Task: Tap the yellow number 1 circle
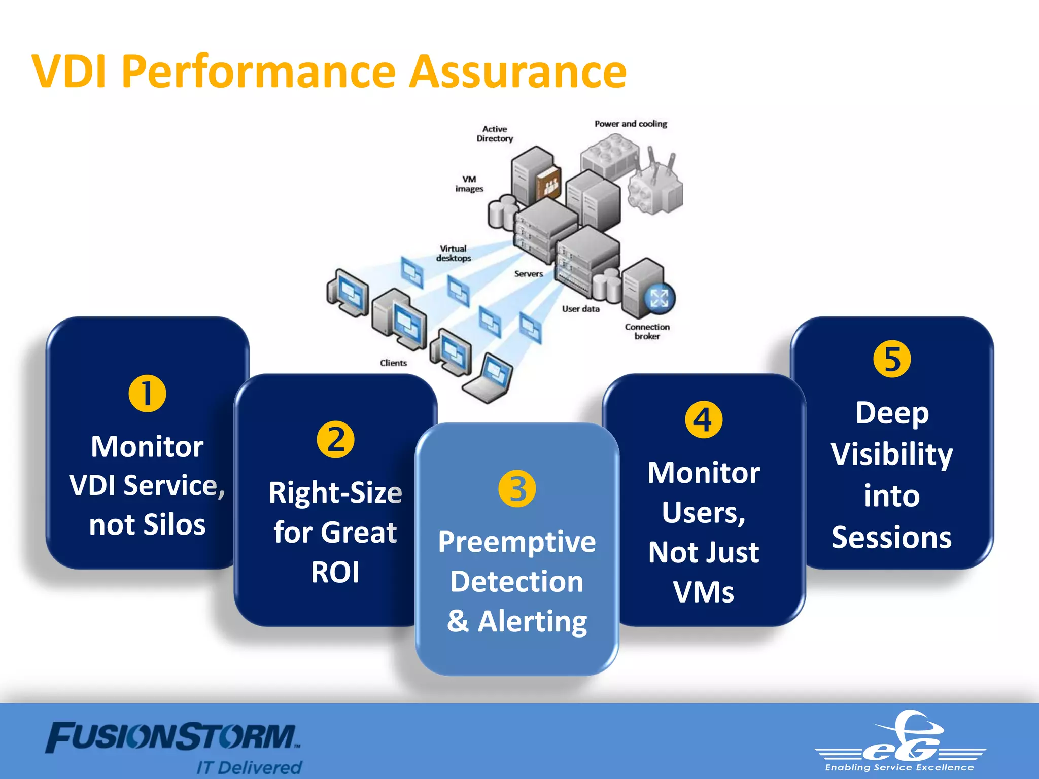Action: tap(147, 394)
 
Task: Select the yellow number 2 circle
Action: tap(335, 440)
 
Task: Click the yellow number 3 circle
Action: tap(517, 489)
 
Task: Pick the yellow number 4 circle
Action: tap(704, 419)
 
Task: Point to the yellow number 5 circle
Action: tap(892, 359)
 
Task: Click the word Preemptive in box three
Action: tap(517, 542)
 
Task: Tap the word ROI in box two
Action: tap(335, 573)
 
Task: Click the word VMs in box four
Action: tap(704, 592)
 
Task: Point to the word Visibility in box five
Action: tap(892, 454)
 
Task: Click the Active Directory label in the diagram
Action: tap(495, 134)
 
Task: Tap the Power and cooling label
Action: tap(631, 124)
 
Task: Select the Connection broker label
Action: tap(647, 331)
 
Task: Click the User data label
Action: tap(580, 309)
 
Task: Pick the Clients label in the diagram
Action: tap(393, 363)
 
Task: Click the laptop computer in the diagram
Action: tap(488, 379)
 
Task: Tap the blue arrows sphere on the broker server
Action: tap(660, 298)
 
